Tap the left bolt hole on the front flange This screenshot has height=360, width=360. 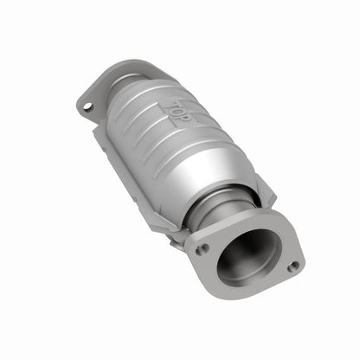(201, 248)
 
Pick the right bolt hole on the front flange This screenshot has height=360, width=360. (293, 266)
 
